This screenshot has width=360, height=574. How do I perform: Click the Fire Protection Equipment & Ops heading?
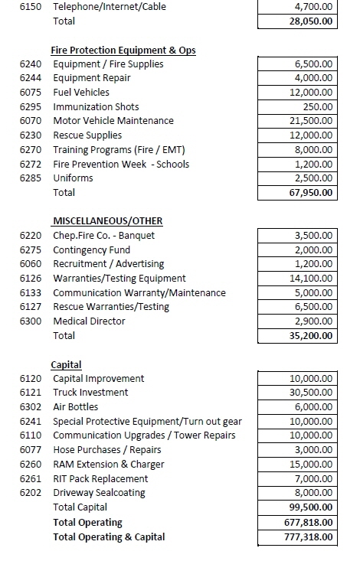click(123, 51)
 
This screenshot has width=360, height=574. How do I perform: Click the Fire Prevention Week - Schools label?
click(121, 164)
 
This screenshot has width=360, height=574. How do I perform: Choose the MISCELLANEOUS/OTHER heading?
click(107, 222)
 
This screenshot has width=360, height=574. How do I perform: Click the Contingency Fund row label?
click(91, 250)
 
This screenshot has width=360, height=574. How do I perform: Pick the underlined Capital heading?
click(66, 365)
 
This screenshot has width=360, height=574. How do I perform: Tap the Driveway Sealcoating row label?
click(99, 493)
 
